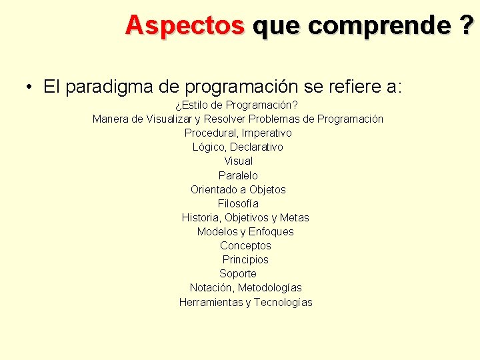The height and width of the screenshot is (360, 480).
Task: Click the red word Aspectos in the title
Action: [x=185, y=25]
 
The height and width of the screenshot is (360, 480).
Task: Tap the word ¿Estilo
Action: [x=197, y=105]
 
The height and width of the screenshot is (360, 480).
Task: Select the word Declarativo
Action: [x=257, y=147]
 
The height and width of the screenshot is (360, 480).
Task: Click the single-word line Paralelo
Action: [x=238, y=175]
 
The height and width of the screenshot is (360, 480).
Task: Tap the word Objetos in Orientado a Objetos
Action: [x=267, y=189]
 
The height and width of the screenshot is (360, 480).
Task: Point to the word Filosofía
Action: [x=238, y=203]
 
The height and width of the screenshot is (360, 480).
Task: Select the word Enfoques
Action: [x=271, y=231]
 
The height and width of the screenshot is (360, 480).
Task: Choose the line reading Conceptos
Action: [x=245, y=245]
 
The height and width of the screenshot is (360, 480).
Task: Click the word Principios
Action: [x=245, y=259]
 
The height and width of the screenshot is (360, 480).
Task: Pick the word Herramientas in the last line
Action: [x=211, y=302]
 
